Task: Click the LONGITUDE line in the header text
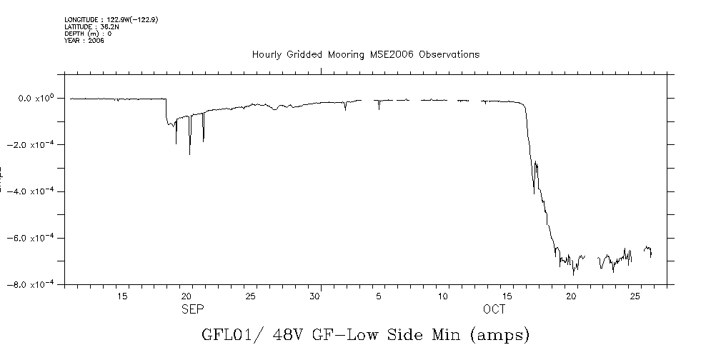[x=111, y=20]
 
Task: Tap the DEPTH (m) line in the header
[x=88, y=33]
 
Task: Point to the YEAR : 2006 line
[x=84, y=39]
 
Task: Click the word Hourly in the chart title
[x=268, y=54]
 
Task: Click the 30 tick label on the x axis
[x=315, y=296]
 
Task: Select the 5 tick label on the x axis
[x=379, y=296]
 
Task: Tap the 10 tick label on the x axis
[x=444, y=296]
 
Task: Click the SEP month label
[x=193, y=309]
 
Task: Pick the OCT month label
[x=494, y=309]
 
